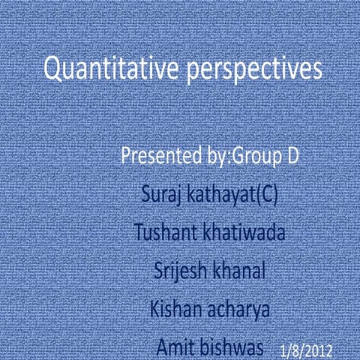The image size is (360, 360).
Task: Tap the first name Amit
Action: click(175, 347)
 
